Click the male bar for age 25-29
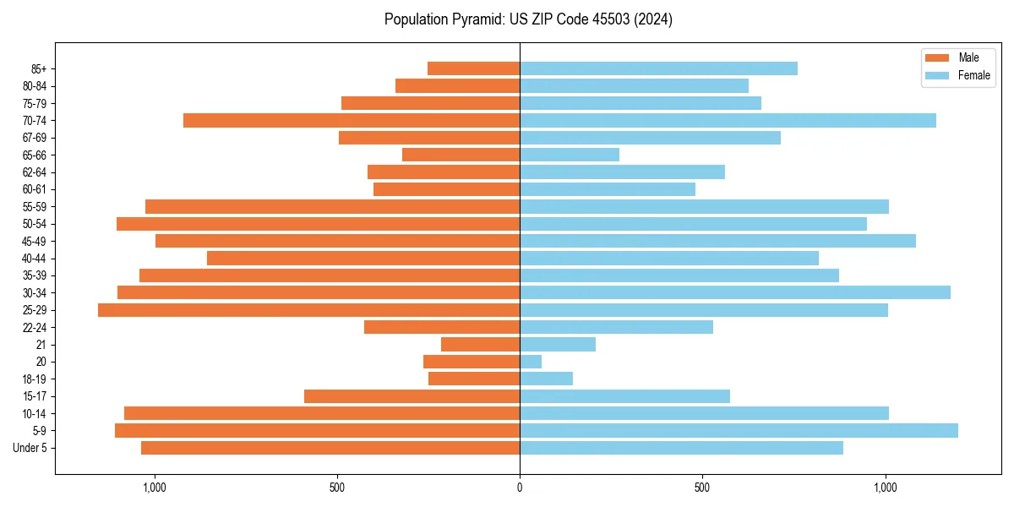pos(308,310)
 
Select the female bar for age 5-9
pos(739,430)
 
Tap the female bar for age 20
pos(531,362)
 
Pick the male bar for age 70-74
pos(352,120)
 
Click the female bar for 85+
pos(658,68)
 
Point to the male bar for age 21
pos(480,345)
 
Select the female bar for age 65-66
pos(570,155)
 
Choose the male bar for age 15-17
pos(412,396)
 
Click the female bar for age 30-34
pos(735,292)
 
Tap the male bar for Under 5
pos(330,448)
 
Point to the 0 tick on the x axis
pos(520,488)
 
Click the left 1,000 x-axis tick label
pos(155,488)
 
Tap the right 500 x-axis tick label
pos(702,488)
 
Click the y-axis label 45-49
pos(34,241)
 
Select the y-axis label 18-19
pos(34,379)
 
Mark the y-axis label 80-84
pos(34,86)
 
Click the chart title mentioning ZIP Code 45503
pos(528,19)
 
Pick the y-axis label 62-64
pos(34,172)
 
